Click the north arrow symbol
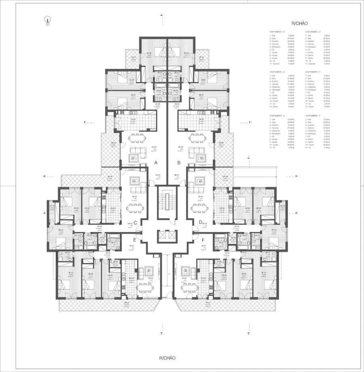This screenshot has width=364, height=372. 48,20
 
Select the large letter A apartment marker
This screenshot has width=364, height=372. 156,163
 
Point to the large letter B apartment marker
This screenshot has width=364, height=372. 179,163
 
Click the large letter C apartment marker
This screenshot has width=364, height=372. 136,222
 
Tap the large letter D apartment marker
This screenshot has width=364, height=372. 201,222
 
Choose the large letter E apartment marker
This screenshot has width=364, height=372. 135,240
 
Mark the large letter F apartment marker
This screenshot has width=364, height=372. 202,240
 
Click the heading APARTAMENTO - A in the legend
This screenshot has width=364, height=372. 277,32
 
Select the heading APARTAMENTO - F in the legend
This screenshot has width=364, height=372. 313,116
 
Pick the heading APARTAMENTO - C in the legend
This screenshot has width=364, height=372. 277,71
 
